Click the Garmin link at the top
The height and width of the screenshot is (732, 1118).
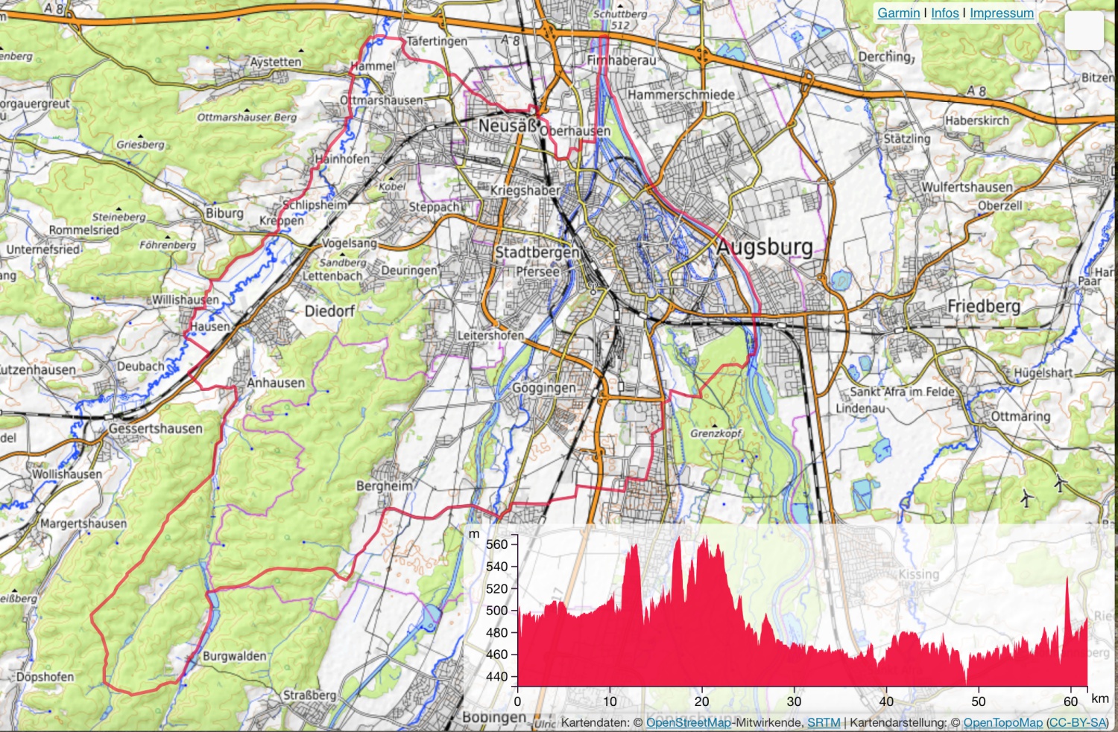[x=898, y=13]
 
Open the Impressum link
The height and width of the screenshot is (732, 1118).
[x=1001, y=13]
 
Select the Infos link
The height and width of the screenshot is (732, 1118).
[x=944, y=13]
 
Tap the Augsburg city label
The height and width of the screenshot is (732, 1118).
[x=764, y=247]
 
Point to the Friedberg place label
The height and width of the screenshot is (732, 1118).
[x=983, y=306]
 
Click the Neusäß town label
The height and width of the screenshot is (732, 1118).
[x=508, y=126]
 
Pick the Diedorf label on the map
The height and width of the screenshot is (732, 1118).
[x=329, y=311]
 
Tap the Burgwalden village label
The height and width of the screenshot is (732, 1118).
[x=234, y=656]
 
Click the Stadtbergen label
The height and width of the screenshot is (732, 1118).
[x=537, y=252]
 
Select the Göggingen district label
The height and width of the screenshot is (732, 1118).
[x=543, y=388]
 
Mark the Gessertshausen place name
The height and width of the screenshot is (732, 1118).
[x=155, y=428]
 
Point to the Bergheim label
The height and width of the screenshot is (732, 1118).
[x=384, y=486]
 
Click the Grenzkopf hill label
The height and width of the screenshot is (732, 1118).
[x=716, y=433]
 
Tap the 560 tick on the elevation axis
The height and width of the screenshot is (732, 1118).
[x=496, y=544]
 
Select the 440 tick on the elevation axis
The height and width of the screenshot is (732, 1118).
[x=496, y=677]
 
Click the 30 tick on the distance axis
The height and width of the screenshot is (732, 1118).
[x=794, y=701]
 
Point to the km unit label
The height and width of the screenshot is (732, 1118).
[x=1099, y=698]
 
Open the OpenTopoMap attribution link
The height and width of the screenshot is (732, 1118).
[x=1002, y=722]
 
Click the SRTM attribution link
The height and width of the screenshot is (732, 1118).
[x=824, y=722]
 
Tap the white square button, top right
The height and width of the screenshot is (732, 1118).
[x=1084, y=31]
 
